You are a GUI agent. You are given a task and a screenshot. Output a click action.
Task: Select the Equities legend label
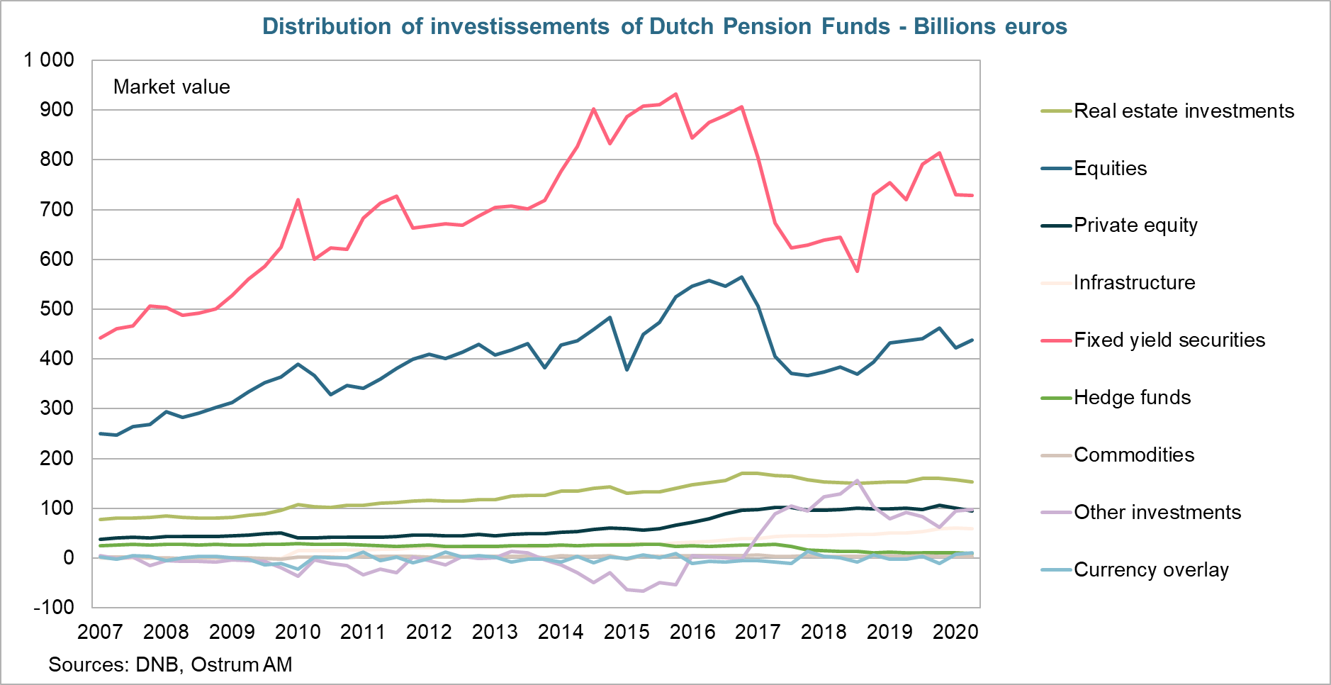pos(1110,169)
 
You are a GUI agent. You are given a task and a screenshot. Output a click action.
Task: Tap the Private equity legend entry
pos(1135,225)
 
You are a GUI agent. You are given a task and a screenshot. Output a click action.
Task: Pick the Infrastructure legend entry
pos(1134,283)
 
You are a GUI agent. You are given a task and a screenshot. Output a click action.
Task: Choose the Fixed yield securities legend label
pos(1169,340)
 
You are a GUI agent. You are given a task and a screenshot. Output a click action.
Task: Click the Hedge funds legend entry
pos(1132,398)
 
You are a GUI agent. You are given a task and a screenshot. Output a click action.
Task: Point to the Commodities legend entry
pos(1133,455)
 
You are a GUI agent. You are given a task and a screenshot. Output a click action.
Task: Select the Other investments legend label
pos(1157,513)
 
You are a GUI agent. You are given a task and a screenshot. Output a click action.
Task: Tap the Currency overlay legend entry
pos(1150,570)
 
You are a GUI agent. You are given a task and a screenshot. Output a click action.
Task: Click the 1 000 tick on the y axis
pos(49,60)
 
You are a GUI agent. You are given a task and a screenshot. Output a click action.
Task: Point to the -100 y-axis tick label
pos(53,608)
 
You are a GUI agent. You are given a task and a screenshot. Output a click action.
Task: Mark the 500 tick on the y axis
pos(58,309)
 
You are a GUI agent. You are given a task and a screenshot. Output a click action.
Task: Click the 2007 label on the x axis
pos(100,632)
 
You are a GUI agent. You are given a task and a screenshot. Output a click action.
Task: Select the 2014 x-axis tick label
pos(561,632)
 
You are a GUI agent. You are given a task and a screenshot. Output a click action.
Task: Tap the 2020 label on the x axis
pos(955,632)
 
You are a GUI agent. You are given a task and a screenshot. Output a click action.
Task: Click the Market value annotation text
pos(172,87)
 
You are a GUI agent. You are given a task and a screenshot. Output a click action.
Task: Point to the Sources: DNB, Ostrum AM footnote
pos(170,665)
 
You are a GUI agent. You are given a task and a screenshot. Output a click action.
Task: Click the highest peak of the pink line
pos(675,94)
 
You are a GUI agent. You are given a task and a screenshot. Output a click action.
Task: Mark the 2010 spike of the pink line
pos(298,200)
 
